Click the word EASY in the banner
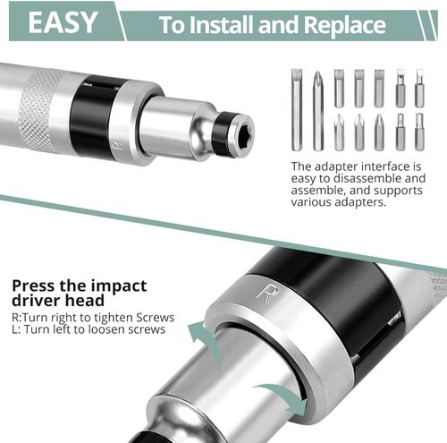coord(63,22)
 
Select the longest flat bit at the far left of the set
coord(297,109)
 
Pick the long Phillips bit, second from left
coord(317,109)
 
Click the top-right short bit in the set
coord(419,88)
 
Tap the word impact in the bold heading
coord(112,286)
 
